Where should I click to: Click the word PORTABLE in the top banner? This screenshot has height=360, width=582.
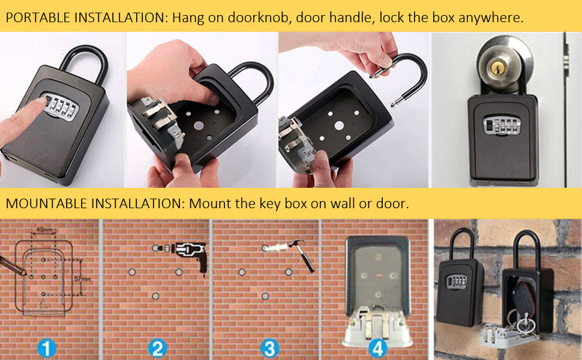tap(37, 17)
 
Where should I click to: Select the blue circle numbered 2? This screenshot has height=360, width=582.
tap(157, 346)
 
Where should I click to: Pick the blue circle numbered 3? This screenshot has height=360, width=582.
tap(268, 346)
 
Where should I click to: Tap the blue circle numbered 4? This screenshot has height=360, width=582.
tap(376, 346)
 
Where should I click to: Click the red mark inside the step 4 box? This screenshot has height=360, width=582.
tap(379, 276)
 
